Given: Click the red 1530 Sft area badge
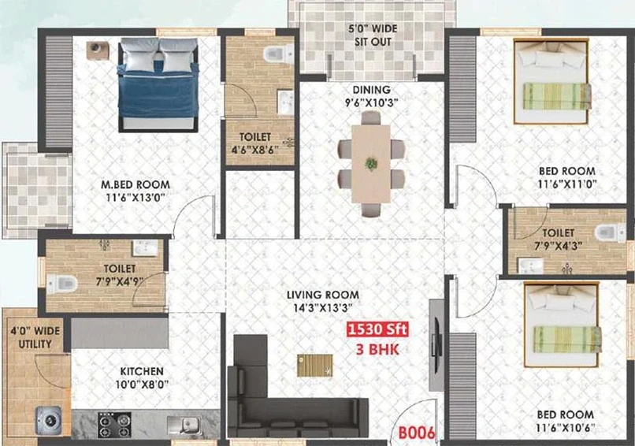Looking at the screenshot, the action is pyautogui.click(x=377, y=329).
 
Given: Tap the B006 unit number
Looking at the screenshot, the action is pyautogui.click(x=417, y=433).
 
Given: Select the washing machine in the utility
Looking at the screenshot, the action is pyautogui.click(x=49, y=420).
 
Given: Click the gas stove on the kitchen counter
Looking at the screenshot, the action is pyautogui.click(x=114, y=425).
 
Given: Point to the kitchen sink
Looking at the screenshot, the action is pyautogui.click(x=185, y=426).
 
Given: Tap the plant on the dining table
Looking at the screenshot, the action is pyautogui.click(x=371, y=164).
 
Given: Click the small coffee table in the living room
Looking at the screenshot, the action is pyautogui.click(x=314, y=366).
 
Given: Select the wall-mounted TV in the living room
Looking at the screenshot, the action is pyautogui.click(x=437, y=346).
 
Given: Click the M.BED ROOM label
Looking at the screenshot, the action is pyautogui.click(x=136, y=184).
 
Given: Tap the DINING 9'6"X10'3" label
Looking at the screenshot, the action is pyautogui.click(x=371, y=96).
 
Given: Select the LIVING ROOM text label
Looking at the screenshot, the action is pyautogui.click(x=323, y=295).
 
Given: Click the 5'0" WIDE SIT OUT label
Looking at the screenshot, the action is pyautogui.click(x=373, y=35).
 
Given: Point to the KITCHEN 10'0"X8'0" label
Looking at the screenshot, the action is pyautogui.click(x=142, y=377).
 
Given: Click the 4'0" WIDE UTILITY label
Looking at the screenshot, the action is pyautogui.click(x=35, y=337).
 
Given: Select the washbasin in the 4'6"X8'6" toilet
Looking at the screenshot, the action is pyautogui.click(x=285, y=102).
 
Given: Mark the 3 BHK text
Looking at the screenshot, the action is pyautogui.click(x=377, y=349).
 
